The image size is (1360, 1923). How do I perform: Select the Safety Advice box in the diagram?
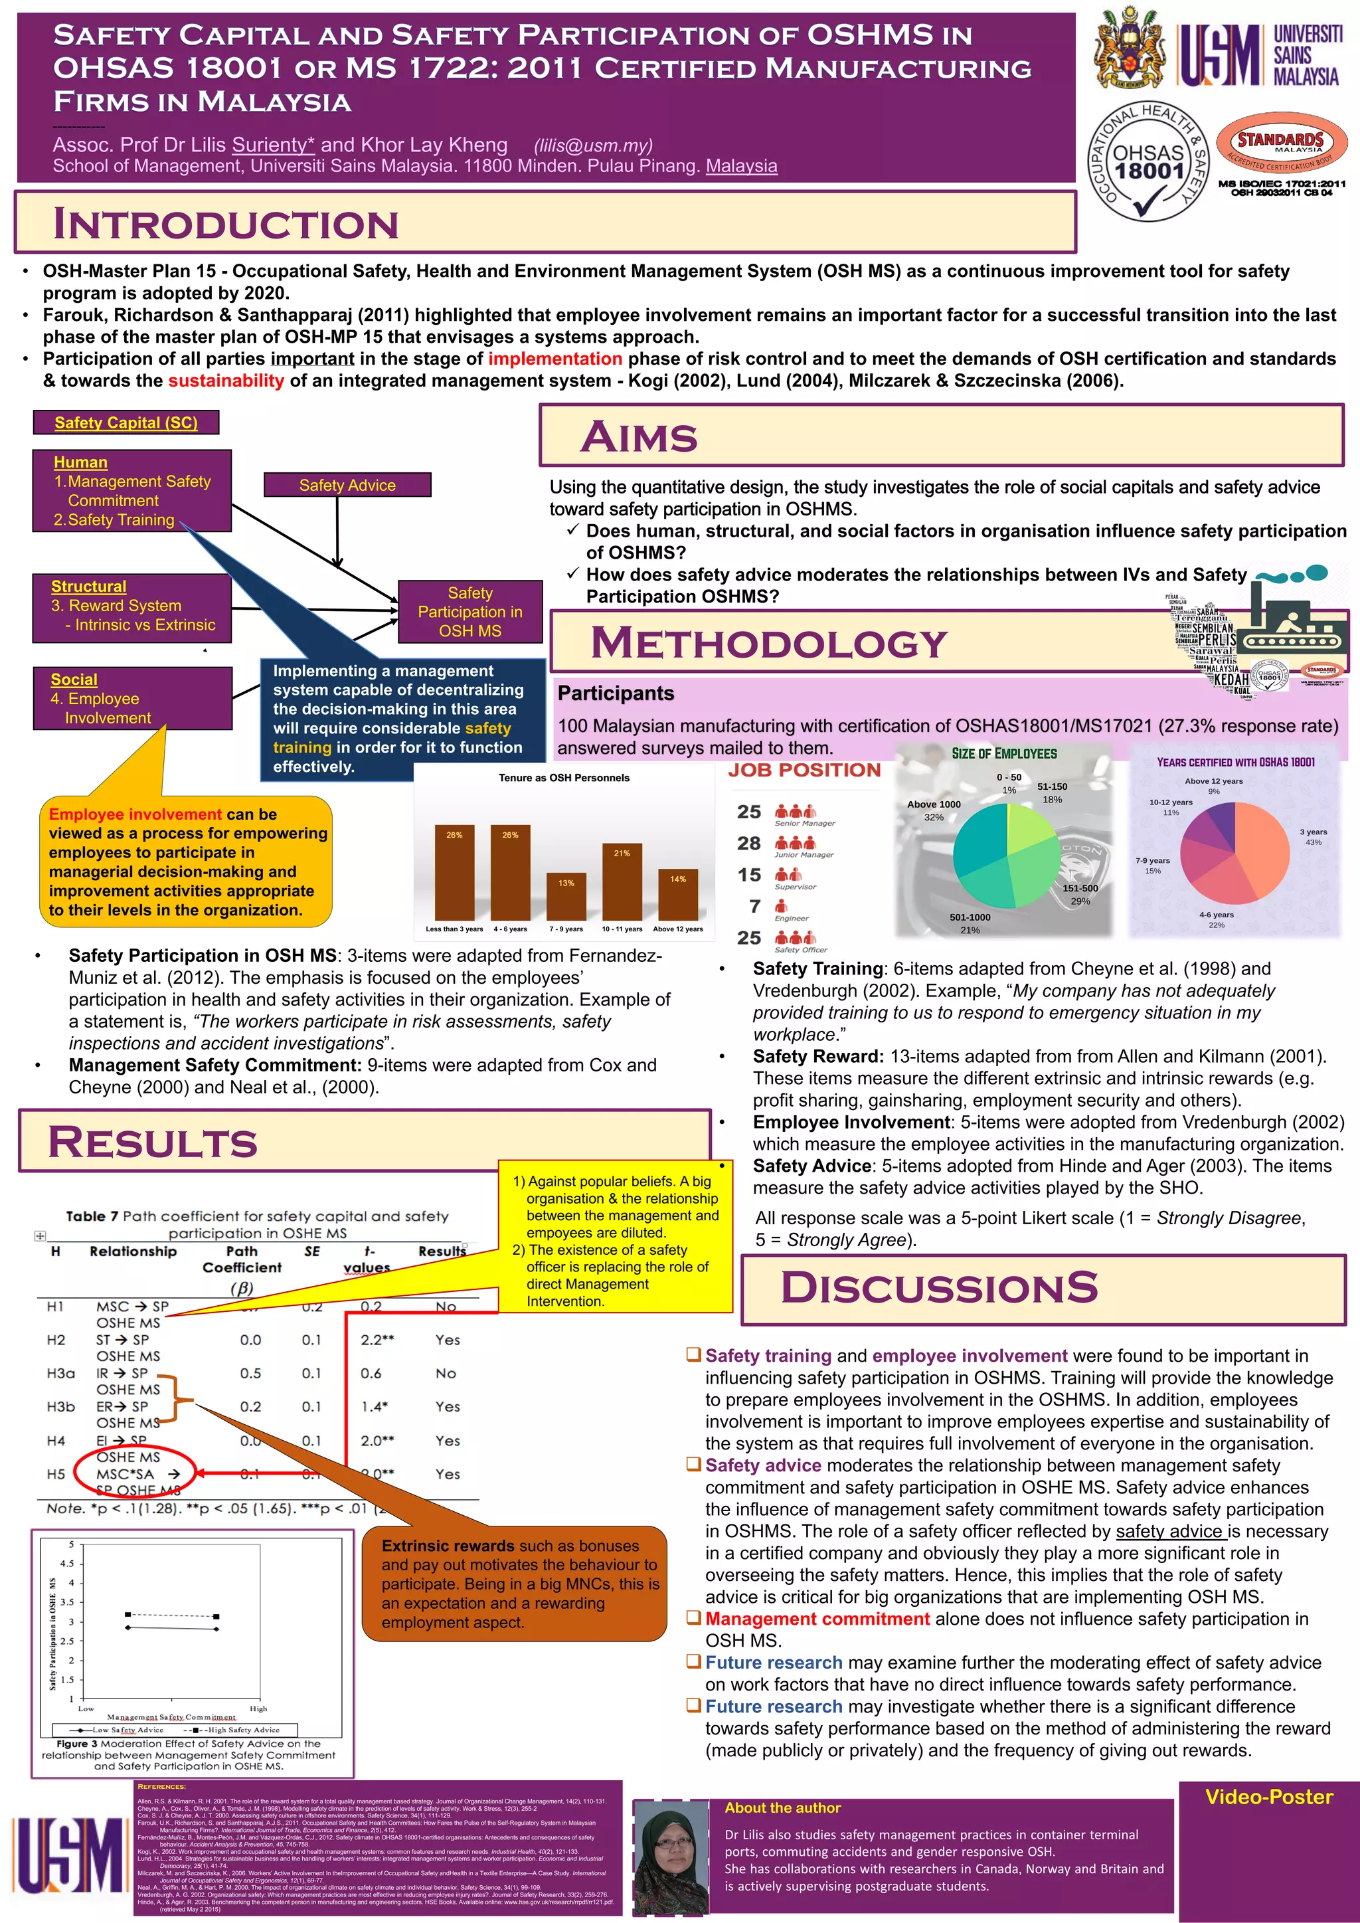347,485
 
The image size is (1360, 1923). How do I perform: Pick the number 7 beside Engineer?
754,906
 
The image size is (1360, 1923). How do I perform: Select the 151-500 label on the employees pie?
1080,889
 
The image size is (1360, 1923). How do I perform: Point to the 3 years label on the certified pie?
1312,832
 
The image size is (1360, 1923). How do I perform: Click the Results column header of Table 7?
442,1251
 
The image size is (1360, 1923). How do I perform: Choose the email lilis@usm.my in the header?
593,145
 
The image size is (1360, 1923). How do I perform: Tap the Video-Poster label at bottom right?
1269,1797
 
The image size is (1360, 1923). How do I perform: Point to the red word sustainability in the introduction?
226,381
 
